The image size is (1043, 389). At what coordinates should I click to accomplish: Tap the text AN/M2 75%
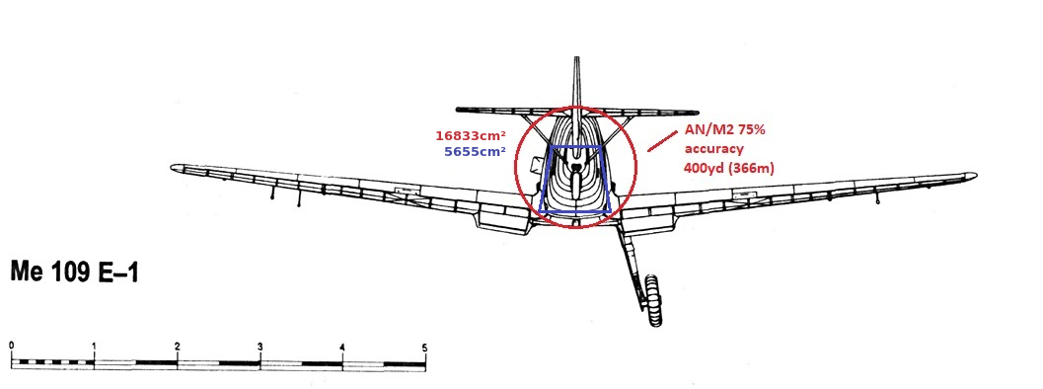click(x=725, y=130)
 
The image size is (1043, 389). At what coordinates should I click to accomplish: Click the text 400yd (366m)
click(x=729, y=169)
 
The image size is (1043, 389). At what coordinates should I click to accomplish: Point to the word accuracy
click(x=715, y=149)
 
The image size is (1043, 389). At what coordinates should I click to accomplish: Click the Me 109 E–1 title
click(x=75, y=272)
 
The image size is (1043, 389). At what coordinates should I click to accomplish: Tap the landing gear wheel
click(x=653, y=299)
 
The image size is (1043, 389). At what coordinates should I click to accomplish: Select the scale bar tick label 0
click(x=12, y=346)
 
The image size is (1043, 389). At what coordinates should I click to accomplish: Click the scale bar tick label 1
click(x=95, y=346)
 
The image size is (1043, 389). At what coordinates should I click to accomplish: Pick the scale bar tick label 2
click(x=177, y=346)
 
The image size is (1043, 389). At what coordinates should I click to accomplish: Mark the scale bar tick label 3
click(x=261, y=346)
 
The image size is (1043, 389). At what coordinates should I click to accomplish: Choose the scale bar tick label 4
click(x=341, y=347)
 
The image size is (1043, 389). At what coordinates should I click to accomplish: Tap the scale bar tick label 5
click(x=424, y=347)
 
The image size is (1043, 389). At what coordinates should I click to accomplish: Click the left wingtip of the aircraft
click(x=172, y=168)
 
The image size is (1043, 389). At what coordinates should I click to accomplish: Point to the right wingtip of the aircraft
click(x=975, y=177)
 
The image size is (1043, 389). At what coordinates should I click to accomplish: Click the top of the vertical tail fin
click(x=576, y=58)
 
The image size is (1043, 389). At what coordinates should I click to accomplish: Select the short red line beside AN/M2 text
click(x=658, y=142)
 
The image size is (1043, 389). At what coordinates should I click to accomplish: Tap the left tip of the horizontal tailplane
click(x=458, y=110)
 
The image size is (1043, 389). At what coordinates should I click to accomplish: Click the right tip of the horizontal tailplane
click(x=697, y=112)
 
